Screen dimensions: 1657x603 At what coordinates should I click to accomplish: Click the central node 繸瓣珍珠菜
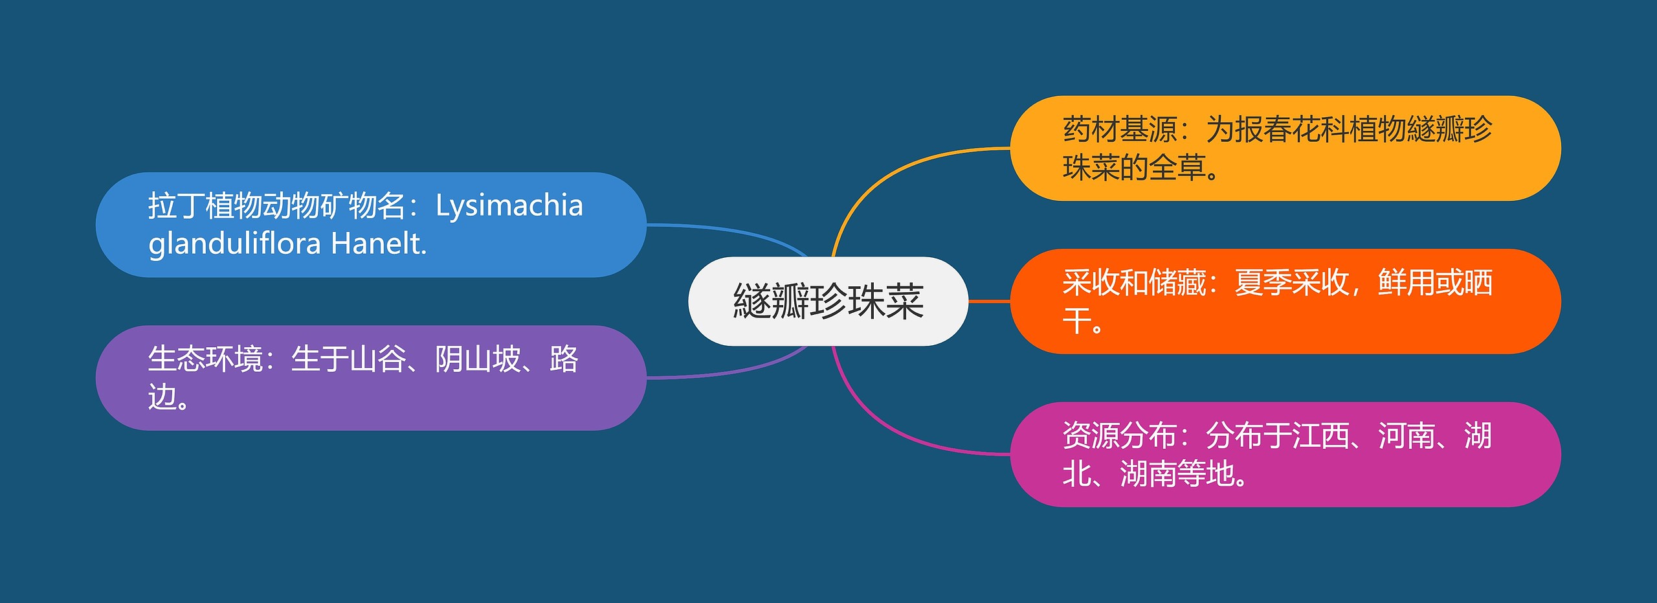(x=828, y=301)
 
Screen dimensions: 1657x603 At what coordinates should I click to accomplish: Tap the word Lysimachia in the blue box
(x=509, y=207)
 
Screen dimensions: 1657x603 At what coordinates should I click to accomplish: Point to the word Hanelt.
(x=379, y=244)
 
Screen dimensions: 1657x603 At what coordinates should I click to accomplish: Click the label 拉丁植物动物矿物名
(x=277, y=206)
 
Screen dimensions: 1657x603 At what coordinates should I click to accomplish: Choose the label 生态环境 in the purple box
(x=205, y=359)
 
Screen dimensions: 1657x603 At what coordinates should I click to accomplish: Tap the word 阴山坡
(x=478, y=359)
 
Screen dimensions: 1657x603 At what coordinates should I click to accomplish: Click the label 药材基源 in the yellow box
(x=1120, y=130)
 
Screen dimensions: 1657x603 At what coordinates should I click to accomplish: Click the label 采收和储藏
(x=1134, y=282)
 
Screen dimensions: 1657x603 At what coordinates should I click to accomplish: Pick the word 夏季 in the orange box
(x=1263, y=282)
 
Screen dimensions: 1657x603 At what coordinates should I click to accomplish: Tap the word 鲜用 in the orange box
(x=1406, y=282)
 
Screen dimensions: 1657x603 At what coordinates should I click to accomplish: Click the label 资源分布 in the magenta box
(x=1120, y=436)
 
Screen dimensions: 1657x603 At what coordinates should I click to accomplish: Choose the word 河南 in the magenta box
(x=1406, y=436)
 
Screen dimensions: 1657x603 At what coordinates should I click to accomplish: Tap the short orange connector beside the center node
(x=989, y=301)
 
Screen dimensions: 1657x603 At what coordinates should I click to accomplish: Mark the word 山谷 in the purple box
(x=378, y=359)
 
